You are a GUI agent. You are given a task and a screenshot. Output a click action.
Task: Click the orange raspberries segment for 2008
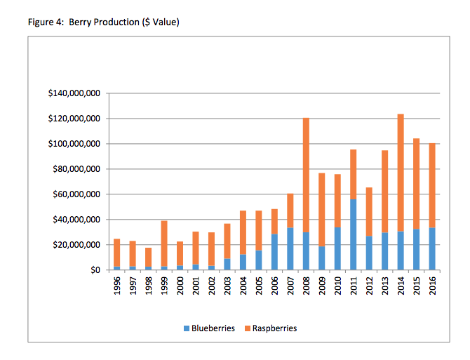pos(307,175)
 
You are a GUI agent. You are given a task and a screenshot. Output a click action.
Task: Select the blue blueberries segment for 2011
pos(354,234)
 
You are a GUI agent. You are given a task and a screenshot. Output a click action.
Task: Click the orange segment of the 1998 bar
pos(148,257)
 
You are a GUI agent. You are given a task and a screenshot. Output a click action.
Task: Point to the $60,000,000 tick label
pos(77,194)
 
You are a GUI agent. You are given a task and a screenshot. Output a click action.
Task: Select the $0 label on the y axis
pos(94,270)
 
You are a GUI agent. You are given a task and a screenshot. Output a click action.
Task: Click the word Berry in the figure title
pos(82,22)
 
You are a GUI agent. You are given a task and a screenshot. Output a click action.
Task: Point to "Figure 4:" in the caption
pos(46,22)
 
